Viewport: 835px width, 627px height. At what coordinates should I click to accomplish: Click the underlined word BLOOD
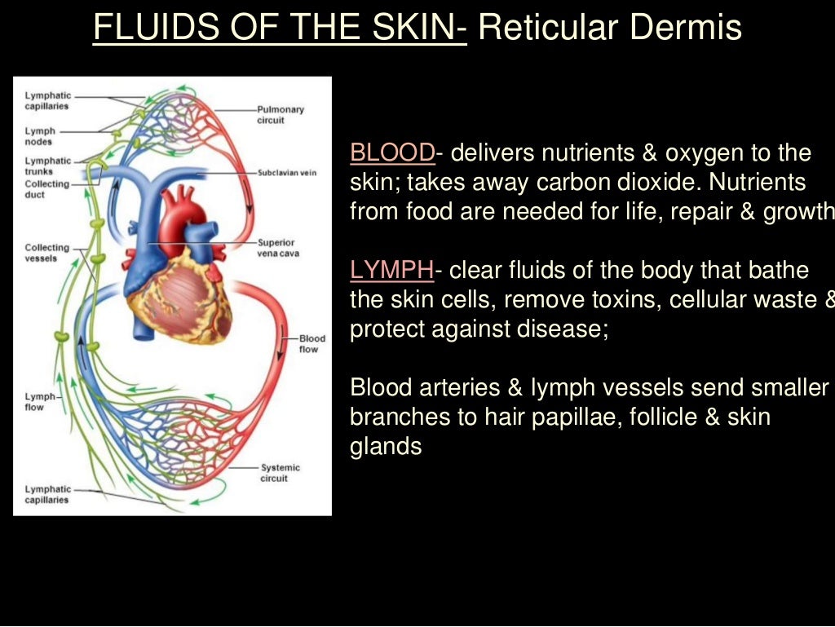coord(392,153)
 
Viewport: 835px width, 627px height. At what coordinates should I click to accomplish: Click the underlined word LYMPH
coord(391,271)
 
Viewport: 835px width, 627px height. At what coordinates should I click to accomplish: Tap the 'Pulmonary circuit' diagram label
coord(281,115)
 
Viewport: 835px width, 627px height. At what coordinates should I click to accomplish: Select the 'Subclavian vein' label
coord(287,173)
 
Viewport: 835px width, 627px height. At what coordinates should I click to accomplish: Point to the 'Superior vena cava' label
coord(276,248)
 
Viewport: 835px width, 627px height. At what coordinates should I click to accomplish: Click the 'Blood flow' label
coord(311,344)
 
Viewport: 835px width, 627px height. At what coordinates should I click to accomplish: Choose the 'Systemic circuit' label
coord(280,473)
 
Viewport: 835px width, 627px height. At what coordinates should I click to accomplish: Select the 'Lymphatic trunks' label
coord(47,166)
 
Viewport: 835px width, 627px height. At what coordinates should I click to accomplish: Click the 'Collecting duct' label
coord(46,189)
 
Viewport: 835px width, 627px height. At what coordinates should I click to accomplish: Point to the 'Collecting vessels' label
coord(46,253)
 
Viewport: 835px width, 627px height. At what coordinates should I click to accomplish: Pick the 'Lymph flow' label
coord(39,402)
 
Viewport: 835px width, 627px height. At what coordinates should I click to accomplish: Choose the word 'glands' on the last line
coord(386,447)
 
